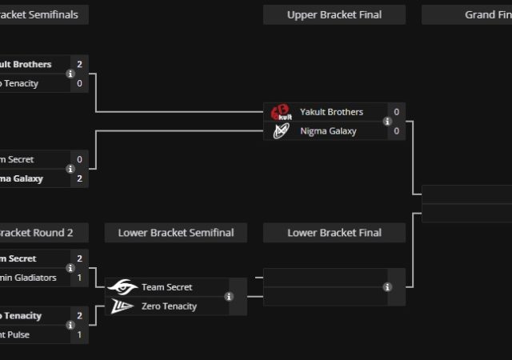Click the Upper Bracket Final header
click(334, 14)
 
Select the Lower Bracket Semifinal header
click(176, 233)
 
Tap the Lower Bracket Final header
click(334, 233)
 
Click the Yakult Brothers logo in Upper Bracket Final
click(280, 112)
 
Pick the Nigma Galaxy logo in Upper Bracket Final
click(280, 131)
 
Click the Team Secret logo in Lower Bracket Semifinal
click(122, 287)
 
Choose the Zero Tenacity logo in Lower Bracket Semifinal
click(122, 306)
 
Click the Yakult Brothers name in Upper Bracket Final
click(331, 112)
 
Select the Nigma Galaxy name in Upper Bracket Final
click(328, 131)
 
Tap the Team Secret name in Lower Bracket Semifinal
click(166, 287)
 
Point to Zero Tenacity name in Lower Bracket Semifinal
click(169, 306)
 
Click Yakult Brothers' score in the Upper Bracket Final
click(396, 112)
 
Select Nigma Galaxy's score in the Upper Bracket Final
click(396, 131)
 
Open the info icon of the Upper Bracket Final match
click(387, 122)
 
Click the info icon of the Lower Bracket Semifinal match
click(229, 297)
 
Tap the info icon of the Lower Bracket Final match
click(387, 287)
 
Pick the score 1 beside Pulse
click(79, 334)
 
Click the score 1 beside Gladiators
click(79, 278)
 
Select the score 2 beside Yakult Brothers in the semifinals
click(79, 64)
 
